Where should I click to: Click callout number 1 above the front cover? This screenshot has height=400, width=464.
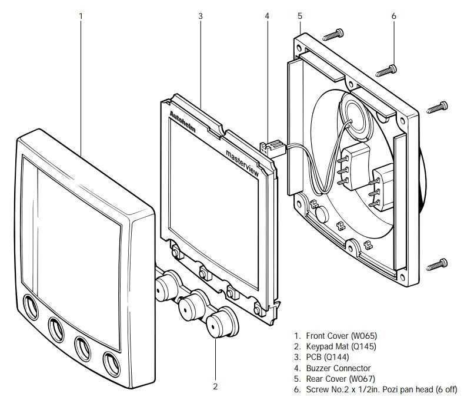81,16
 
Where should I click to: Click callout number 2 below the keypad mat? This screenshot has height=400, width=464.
215,386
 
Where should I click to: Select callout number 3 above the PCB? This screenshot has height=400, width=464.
201,16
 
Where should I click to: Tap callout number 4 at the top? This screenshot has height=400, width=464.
267,16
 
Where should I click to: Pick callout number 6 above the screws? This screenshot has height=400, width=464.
393,16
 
